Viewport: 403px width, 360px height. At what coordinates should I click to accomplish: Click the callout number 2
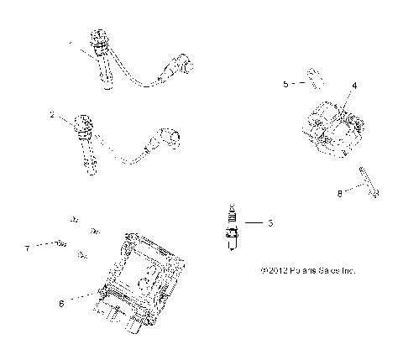pyautogui.click(x=52, y=115)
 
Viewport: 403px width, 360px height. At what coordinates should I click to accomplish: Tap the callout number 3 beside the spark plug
pyautogui.click(x=270, y=223)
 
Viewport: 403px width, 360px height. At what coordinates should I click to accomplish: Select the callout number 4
pyautogui.click(x=354, y=86)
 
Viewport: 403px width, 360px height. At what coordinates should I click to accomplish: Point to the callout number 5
pyautogui.click(x=285, y=84)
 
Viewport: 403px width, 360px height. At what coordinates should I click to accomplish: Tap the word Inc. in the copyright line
pyautogui.click(x=348, y=271)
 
